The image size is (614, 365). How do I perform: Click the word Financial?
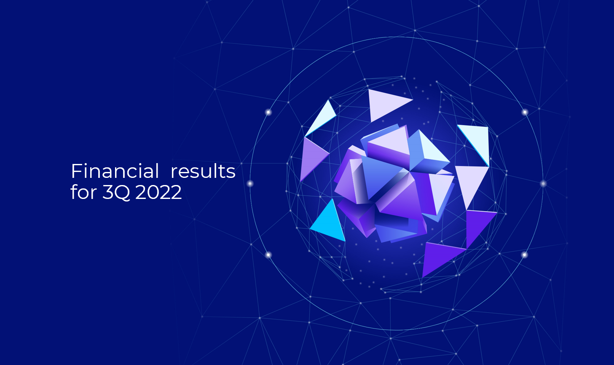click(115, 171)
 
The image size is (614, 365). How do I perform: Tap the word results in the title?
click(203, 171)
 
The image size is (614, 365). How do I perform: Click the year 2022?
click(158, 192)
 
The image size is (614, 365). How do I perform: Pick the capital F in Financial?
click(76, 171)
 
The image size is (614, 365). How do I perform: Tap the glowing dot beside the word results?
click(250, 183)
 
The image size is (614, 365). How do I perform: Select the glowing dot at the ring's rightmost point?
click(543, 183)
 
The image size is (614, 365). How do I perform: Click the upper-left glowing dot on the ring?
click(268, 112)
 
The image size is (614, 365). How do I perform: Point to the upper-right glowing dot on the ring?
click(525, 112)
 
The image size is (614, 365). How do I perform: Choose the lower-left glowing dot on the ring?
click(268, 255)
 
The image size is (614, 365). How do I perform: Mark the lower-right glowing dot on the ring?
click(525, 255)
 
